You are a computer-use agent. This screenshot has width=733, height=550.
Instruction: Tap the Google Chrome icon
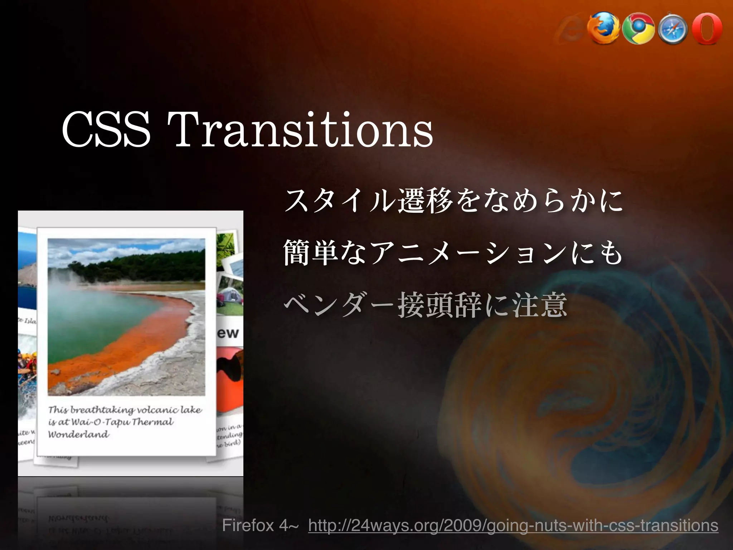pyautogui.click(x=638, y=31)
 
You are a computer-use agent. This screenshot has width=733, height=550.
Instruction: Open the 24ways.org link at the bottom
pyautogui.click(x=513, y=526)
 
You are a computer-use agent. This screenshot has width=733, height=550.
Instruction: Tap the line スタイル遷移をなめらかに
pyautogui.click(x=453, y=201)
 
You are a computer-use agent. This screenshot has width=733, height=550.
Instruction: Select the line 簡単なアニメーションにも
pyautogui.click(x=453, y=254)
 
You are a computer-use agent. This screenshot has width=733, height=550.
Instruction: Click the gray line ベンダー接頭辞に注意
pyautogui.click(x=425, y=305)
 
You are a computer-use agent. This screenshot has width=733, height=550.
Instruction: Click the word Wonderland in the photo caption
pyautogui.click(x=79, y=435)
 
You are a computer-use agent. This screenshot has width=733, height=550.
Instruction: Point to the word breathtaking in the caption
pyautogui.click(x=102, y=410)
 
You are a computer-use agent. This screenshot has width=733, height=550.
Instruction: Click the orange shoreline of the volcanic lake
pyautogui.click(x=143, y=344)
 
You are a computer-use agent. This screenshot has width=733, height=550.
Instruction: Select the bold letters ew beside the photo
pyautogui.click(x=228, y=333)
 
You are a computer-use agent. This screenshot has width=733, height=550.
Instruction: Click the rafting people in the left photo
pyautogui.click(x=27, y=365)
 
